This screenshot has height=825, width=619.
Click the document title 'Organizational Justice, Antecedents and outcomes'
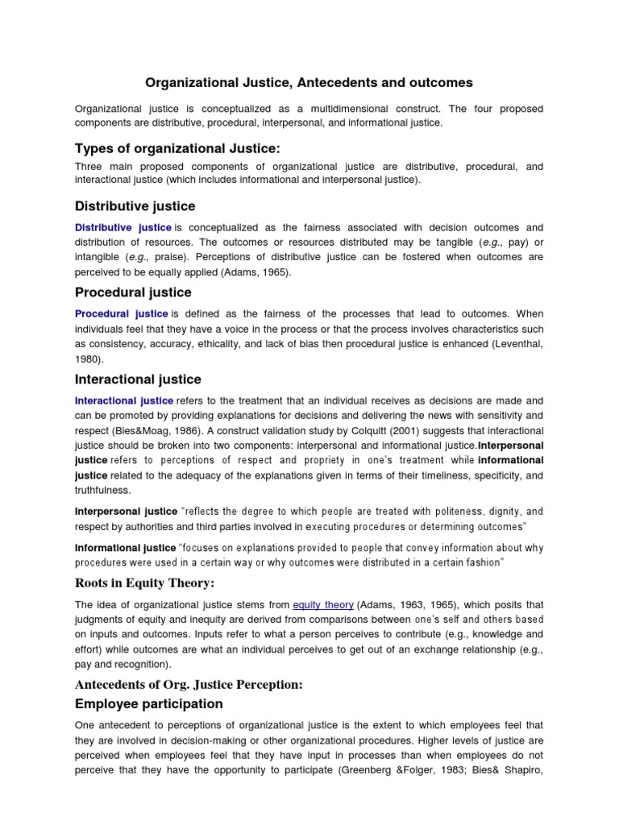309,82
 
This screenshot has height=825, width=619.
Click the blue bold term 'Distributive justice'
123,228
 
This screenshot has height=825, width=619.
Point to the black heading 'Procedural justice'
133,292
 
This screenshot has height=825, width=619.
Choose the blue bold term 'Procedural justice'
122,314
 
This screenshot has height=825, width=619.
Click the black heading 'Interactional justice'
138,379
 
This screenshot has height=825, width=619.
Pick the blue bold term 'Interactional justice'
123,400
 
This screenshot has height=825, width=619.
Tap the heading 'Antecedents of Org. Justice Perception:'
189,684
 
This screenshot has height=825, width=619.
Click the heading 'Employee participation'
148,703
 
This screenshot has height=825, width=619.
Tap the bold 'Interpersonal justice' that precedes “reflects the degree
126,512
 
